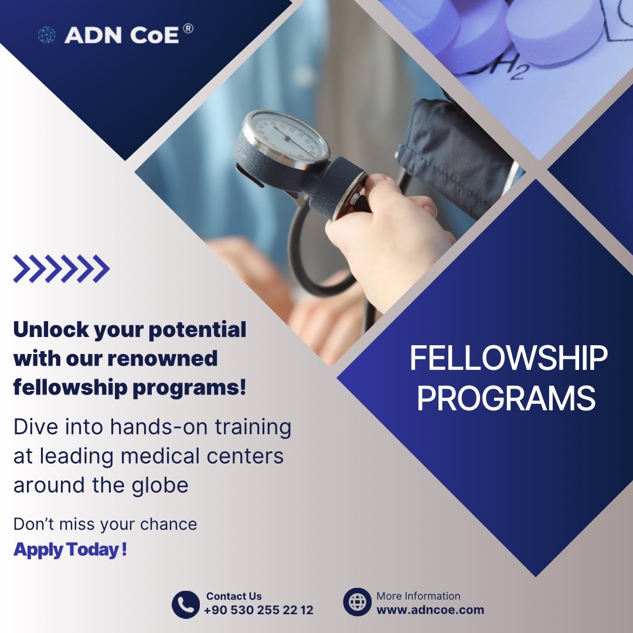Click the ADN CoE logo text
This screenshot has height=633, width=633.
point(122,36)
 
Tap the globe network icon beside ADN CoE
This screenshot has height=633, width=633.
point(46,36)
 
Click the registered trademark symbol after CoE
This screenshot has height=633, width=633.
point(188,29)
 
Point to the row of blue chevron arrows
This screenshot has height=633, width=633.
point(61,269)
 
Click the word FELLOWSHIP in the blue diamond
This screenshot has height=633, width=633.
point(508,359)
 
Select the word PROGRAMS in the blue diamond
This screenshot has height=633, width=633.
point(506,399)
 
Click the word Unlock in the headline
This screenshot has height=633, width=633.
point(48,329)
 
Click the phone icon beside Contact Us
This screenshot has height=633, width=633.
point(185,604)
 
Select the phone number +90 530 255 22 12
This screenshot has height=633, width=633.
point(258,610)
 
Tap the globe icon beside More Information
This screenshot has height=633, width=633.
point(357,602)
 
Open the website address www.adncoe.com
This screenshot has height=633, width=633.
point(430,610)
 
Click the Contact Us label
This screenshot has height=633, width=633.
point(234,596)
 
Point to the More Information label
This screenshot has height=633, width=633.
point(418,596)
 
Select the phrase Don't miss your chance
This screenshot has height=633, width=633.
point(105,524)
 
